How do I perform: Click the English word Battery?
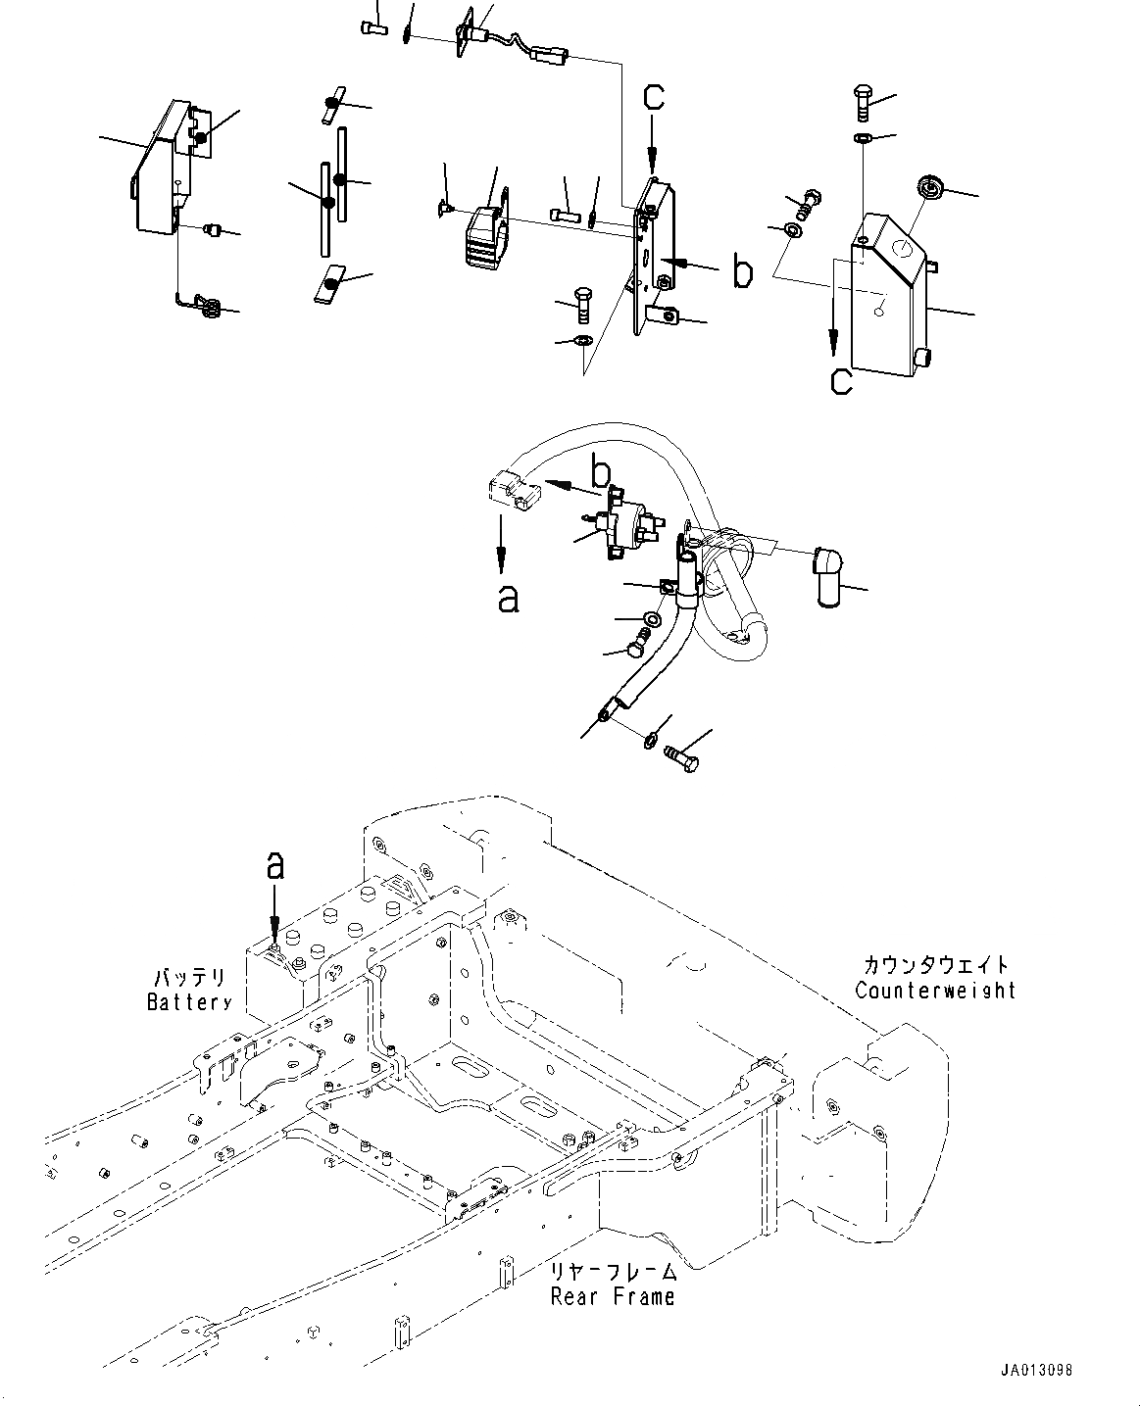pos(189,1001)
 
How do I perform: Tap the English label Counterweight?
pos(935,990)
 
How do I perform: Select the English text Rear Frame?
pos(613,1296)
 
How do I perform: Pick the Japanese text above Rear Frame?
pos(614,1272)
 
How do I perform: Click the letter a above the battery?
pos(275,865)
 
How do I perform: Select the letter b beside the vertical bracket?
pos(743,271)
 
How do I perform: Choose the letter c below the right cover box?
pos(841,378)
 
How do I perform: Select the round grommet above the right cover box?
pos(926,185)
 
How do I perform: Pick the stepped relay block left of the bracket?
pos(483,234)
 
